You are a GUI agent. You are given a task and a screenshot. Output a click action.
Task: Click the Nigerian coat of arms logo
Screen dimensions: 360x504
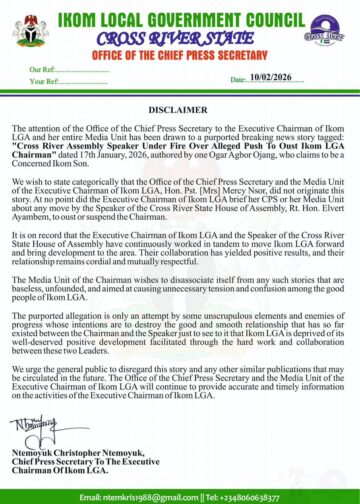point(31,29)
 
